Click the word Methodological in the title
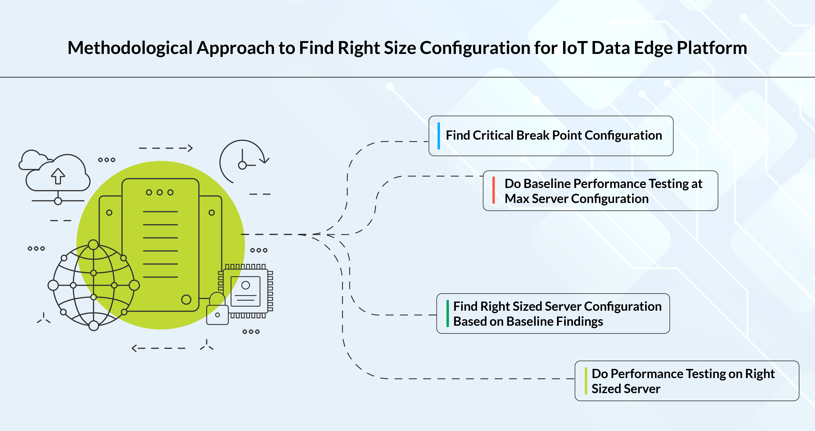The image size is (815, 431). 130,48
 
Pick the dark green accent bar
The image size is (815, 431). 447,313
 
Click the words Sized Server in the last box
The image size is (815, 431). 626,389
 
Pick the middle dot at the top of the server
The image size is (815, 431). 160,192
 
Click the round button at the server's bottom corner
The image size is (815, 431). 186,299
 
